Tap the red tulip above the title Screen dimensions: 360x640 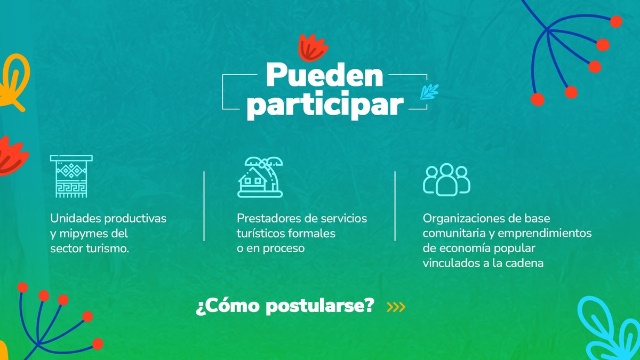313,47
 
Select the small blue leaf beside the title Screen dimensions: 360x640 428,92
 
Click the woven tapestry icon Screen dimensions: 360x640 71,177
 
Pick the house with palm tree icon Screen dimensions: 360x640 260,178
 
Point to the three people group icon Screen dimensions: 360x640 446,179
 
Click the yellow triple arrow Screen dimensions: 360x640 396,307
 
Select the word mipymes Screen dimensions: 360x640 85,234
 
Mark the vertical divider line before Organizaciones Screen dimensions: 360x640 395,206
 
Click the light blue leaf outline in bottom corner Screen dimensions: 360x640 608,328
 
